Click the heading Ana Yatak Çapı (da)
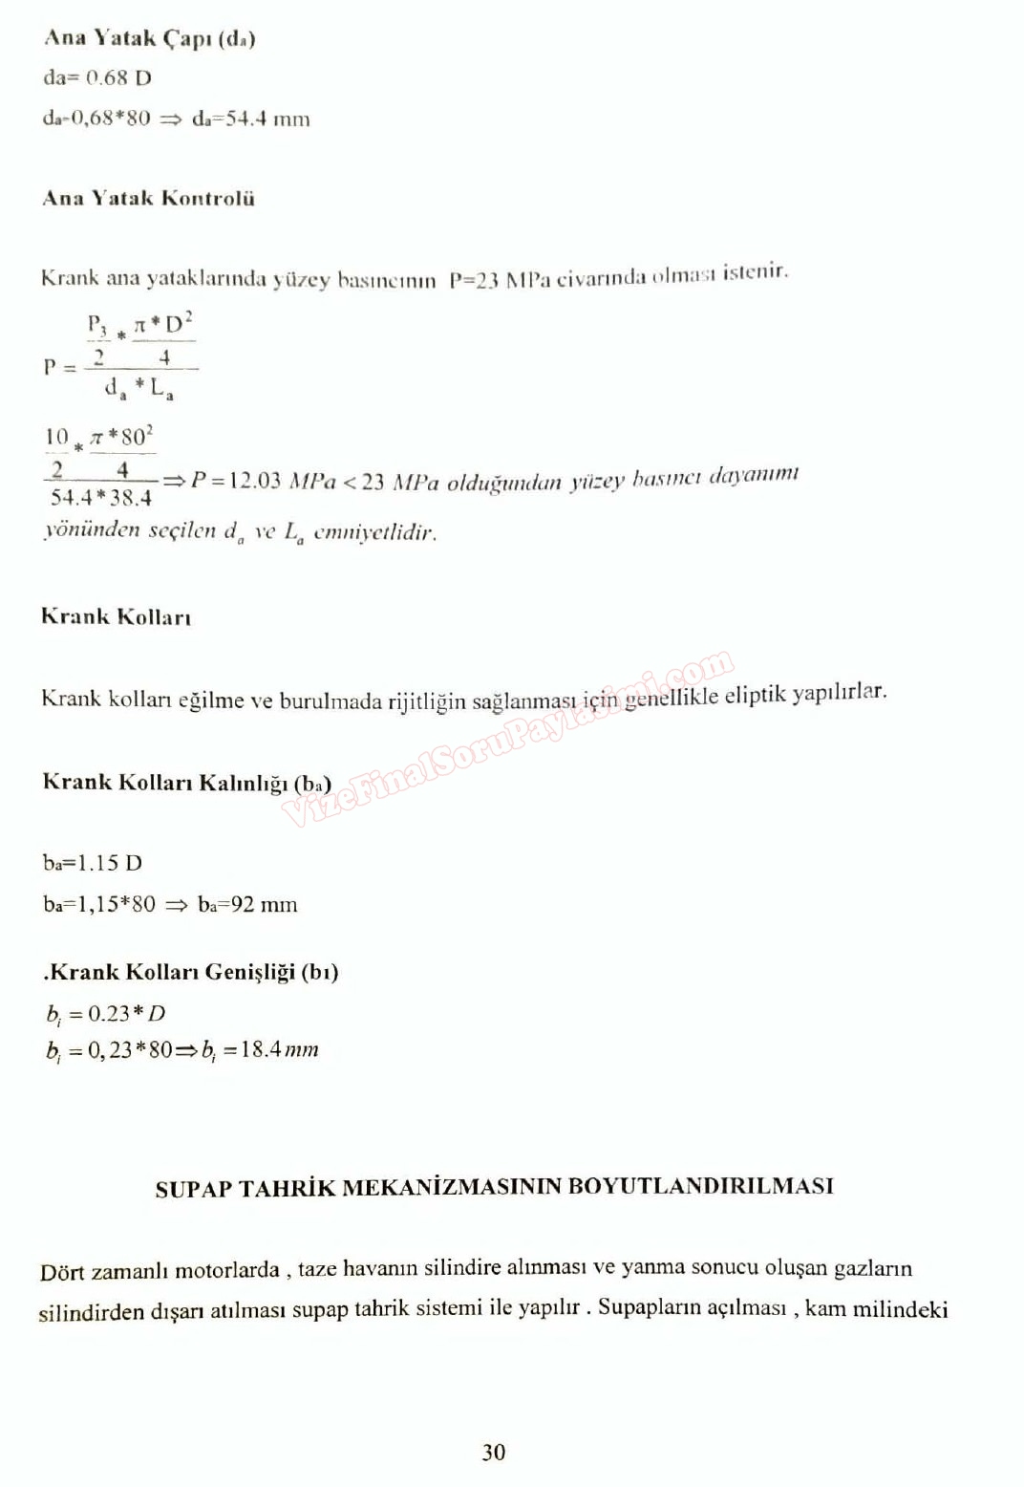(x=149, y=38)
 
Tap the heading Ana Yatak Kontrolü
(x=148, y=198)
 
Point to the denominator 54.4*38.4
(x=101, y=497)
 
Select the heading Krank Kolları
(x=116, y=616)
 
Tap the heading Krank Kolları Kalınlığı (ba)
(x=186, y=783)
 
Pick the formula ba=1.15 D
(x=93, y=863)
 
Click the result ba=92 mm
(x=247, y=904)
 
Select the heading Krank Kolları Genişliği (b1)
(x=191, y=972)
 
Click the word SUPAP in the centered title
(x=193, y=1188)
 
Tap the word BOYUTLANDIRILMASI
(x=700, y=1186)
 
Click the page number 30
(x=494, y=1452)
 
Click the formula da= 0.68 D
(x=97, y=78)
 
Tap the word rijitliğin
(x=427, y=701)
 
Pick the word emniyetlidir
(x=374, y=532)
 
